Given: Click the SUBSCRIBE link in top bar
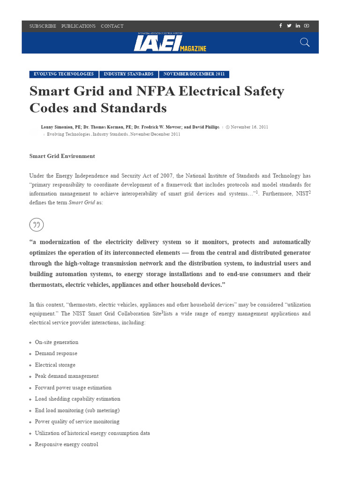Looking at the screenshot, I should [x=43, y=26].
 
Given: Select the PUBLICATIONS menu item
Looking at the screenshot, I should [x=78, y=26].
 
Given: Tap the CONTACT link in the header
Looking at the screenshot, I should [x=112, y=26].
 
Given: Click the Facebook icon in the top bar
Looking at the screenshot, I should [x=281, y=26].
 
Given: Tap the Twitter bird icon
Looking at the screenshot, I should [x=289, y=26].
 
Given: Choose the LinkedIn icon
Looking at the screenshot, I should [x=298, y=26].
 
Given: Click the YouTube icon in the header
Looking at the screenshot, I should [x=307, y=26].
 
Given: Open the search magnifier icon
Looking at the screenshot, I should [x=305, y=43].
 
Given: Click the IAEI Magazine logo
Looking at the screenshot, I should [x=170, y=43].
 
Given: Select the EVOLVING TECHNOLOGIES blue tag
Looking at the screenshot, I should [x=64, y=74].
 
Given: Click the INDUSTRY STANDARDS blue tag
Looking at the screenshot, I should [x=128, y=74].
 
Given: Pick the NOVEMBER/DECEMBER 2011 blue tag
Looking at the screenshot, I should [x=194, y=74].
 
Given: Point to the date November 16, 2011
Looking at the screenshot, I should [x=249, y=127].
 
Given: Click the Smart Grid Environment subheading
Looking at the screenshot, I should [x=62, y=156].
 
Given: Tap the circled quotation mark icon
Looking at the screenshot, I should [x=37, y=225].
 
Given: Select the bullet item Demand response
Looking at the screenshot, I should [x=56, y=353].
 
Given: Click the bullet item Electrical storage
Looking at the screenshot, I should [x=55, y=365].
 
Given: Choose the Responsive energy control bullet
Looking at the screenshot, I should [x=66, y=444].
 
